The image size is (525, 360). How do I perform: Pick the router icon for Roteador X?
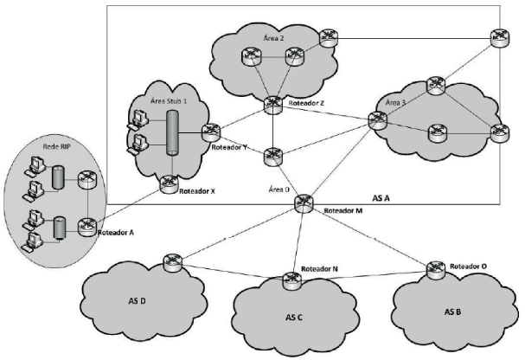coord(170,182)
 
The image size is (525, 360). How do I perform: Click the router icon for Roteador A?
coord(86,227)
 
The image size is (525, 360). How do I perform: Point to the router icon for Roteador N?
coord(289,279)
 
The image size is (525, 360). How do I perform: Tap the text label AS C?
coord(295,317)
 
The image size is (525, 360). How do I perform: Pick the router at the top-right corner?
coord(498,36)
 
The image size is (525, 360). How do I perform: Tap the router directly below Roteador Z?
coord(273,155)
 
